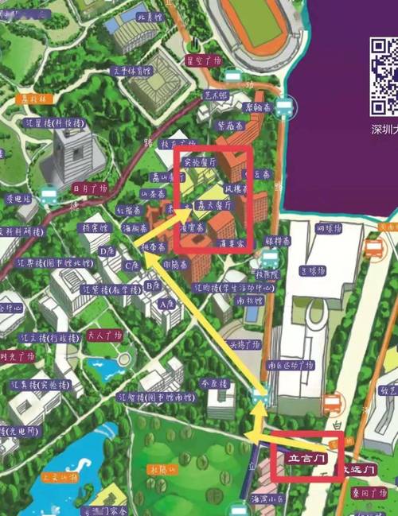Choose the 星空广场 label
(202, 60)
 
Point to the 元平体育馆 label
(131, 71)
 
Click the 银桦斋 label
(278, 239)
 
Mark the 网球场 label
(329, 229)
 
